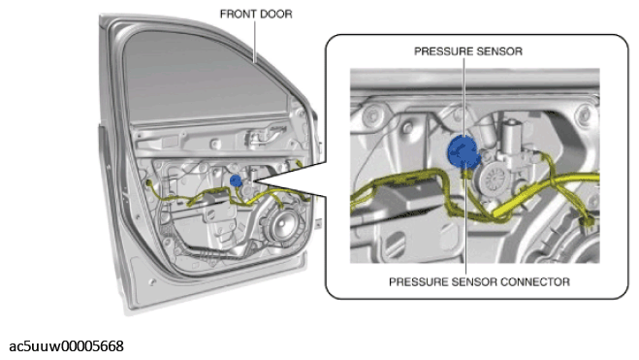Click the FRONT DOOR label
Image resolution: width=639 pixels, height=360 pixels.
point(256,14)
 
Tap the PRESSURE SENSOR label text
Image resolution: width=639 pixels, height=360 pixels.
point(468,51)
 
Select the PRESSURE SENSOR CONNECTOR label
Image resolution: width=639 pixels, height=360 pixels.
point(479,281)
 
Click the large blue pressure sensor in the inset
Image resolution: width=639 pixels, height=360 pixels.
point(463,151)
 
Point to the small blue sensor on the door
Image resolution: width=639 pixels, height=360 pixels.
point(236,180)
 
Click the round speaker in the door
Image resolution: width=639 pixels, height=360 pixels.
point(282,225)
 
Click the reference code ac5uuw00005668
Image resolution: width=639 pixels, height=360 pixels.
point(66,346)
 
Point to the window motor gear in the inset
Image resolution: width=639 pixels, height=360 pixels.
point(494,179)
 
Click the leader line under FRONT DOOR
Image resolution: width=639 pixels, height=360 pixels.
point(256,42)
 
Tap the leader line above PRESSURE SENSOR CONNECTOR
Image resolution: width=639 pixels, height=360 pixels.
point(465,223)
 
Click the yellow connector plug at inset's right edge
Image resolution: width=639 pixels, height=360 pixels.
point(589,221)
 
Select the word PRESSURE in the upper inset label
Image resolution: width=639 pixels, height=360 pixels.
point(439,51)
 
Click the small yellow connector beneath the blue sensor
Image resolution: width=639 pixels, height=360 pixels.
point(465,174)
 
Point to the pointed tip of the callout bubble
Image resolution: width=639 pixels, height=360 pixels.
point(254,180)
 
